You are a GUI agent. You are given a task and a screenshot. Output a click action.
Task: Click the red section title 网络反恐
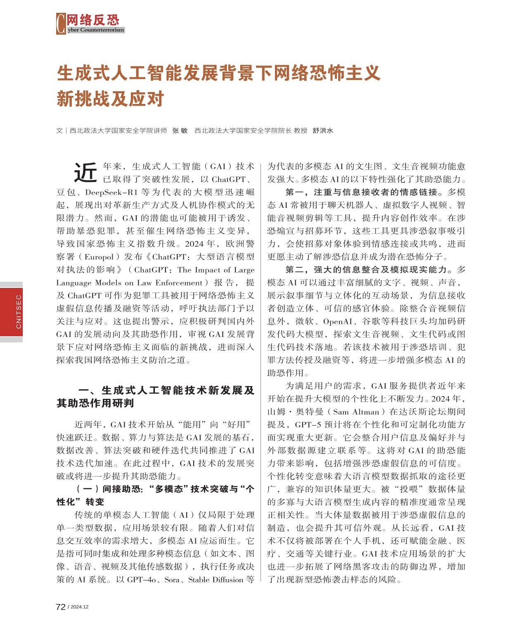[93, 20]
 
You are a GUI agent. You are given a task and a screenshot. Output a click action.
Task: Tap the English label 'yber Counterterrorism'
[95, 30]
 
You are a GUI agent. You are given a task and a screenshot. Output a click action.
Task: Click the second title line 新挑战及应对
[110, 99]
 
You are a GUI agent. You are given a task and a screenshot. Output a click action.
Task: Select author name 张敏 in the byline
[180, 131]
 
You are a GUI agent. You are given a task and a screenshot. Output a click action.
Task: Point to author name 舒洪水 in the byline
[323, 131]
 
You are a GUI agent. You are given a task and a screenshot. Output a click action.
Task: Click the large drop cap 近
[85, 173]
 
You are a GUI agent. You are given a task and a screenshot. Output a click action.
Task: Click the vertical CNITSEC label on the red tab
[18, 311]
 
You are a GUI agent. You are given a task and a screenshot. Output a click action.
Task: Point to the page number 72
[60, 607]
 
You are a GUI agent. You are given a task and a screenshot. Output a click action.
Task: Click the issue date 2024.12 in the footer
[79, 607]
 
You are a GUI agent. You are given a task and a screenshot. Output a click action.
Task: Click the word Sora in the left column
[172, 580]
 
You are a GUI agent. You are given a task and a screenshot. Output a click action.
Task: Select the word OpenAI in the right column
[337, 321]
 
